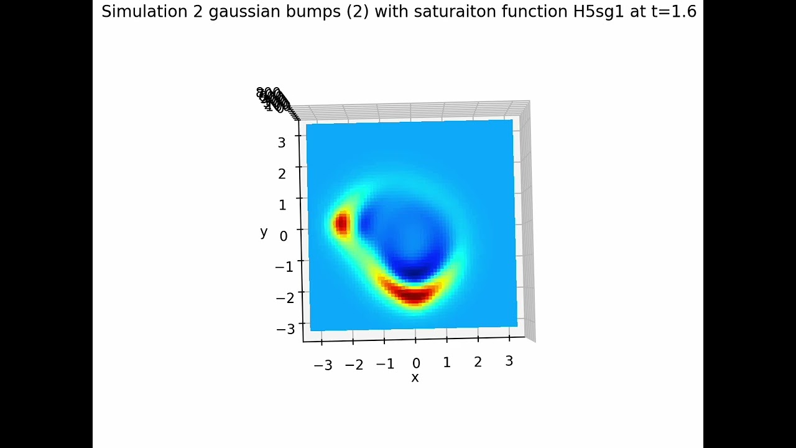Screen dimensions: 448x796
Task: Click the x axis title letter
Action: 415,378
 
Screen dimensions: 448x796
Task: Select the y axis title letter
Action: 264,232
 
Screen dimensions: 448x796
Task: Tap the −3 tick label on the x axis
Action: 323,365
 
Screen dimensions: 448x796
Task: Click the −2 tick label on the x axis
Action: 354,365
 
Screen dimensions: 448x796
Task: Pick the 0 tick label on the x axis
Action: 416,363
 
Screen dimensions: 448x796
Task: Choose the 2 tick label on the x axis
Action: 478,362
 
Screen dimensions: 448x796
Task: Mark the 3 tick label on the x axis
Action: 509,361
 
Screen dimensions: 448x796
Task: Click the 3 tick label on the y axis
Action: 282,142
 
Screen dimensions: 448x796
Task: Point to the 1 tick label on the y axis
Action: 282,205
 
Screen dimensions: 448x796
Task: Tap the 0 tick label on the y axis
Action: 284,236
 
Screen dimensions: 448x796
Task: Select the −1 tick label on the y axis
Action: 284,267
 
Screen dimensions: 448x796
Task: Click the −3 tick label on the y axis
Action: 285,329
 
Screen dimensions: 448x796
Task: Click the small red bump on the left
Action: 341,223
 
